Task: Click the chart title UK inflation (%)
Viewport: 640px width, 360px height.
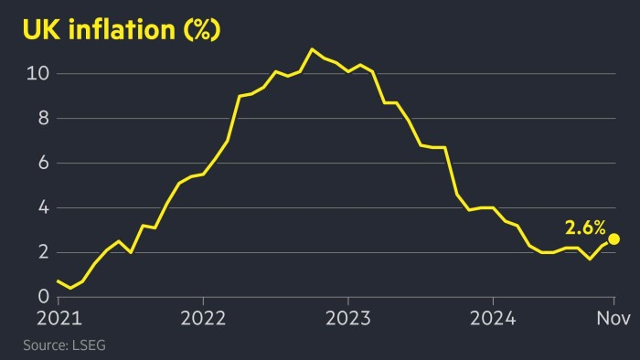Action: [122, 29]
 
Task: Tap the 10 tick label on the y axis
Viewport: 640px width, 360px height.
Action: [37, 73]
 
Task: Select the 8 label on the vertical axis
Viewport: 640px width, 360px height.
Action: [44, 118]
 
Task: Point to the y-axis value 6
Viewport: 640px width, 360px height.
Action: [44, 163]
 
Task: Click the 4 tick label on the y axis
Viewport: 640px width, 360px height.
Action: [44, 208]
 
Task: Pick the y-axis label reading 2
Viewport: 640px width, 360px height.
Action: [44, 252]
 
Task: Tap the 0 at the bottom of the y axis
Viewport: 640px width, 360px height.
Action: [44, 296]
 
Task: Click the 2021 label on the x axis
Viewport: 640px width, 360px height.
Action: [59, 318]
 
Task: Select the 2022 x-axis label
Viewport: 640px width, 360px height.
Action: [203, 318]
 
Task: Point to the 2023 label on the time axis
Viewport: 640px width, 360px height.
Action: [348, 318]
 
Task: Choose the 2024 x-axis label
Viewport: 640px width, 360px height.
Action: [493, 318]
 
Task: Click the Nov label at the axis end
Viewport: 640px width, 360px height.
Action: [613, 318]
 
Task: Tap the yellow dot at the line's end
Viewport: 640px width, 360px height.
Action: [613, 238]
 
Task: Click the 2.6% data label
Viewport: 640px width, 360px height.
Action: [585, 228]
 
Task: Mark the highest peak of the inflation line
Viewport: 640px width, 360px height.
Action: [313, 49]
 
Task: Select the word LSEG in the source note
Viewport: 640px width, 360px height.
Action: [89, 345]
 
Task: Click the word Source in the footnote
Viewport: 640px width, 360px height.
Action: [45, 345]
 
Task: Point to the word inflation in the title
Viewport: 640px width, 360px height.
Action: [122, 29]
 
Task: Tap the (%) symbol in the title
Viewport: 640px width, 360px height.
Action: [202, 30]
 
